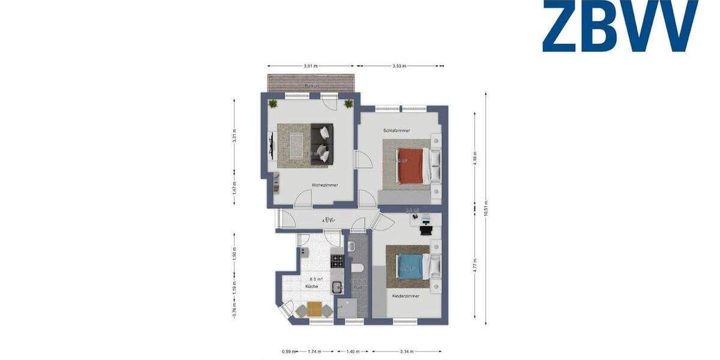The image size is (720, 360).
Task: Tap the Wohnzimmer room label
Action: pyautogui.click(x=325, y=185)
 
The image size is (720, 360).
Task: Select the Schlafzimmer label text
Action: pyautogui.click(x=396, y=130)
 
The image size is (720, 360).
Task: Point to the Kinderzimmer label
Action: pyautogui.click(x=406, y=296)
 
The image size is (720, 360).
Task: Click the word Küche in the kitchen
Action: pyautogui.click(x=311, y=287)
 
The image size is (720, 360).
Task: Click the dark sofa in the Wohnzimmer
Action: pyautogui.click(x=323, y=142)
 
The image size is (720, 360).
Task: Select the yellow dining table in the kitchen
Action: pyautogui.click(x=314, y=309)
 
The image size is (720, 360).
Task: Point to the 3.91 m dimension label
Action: pyautogui.click(x=310, y=66)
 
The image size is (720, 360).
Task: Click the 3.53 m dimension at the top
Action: pyautogui.click(x=400, y=66)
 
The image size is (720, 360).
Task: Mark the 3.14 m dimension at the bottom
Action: pyautogui.click(x=407, y=352)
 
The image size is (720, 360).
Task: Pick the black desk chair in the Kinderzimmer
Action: pyautogui.click(x=426, y=229)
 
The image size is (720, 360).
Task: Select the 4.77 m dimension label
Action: pyautogui.click(x=475, y=264)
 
